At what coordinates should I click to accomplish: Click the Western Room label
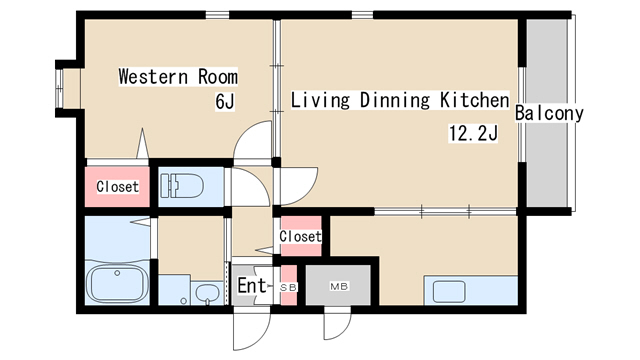coord(178,77)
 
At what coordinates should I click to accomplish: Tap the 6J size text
coord(225,101)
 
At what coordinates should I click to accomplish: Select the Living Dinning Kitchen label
coord(400,100)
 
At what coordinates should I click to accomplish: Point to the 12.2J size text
coord(473,133)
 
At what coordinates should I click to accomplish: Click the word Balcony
coord(549,113)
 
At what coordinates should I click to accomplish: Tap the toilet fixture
coord(182,186)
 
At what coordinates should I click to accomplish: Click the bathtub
coord(117,284)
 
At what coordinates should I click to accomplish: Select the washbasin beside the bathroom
coord(207,292)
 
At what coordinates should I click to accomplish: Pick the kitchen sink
coord(449,291)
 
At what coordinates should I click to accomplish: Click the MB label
coord(339,287)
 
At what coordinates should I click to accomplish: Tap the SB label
coord(289,287)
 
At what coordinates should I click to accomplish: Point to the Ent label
coord(252,285)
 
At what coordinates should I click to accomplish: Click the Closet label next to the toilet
coord(118,187)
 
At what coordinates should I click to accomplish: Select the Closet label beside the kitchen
coord(300,236)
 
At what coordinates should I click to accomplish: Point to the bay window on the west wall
coord(60,88)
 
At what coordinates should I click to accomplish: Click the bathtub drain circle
coord(117,273)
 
